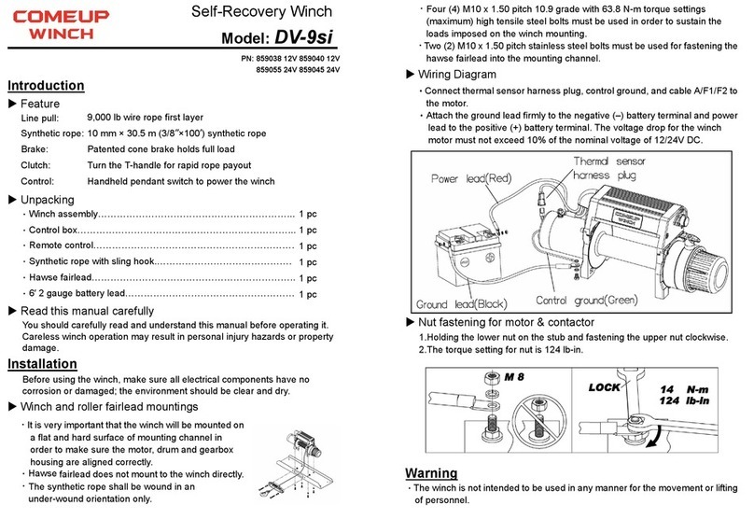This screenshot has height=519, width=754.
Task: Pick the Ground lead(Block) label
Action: [x=463, y=304]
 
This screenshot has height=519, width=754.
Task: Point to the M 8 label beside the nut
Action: [x=516, y=378]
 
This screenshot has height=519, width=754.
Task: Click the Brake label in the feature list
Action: [x=36, y=148]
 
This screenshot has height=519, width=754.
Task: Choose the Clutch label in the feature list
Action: [x=37, y=164]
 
